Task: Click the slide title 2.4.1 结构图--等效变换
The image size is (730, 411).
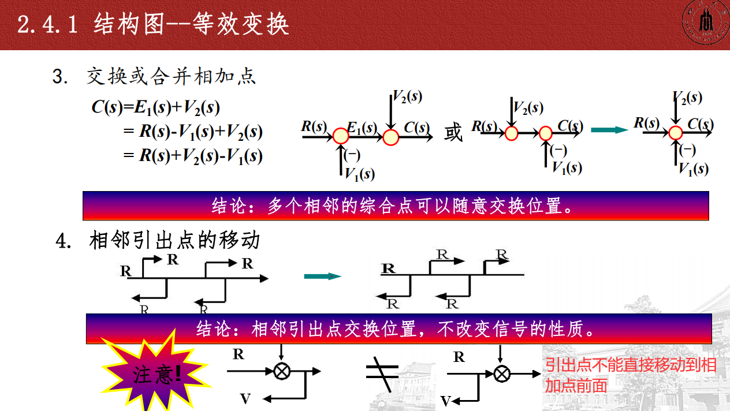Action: click(153, 25)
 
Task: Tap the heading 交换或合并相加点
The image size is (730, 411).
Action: click(171, 77)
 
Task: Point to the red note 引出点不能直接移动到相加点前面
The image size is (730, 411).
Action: click(630, 375)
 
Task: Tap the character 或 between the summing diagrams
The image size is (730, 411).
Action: click(453, 132)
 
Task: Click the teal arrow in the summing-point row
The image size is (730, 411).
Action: click(609, 129)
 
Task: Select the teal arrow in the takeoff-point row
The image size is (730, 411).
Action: click(322, 276)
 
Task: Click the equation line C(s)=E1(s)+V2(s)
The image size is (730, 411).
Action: click(156, 107)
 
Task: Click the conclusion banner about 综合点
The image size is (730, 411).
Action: click(396, 206)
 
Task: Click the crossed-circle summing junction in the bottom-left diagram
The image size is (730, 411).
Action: click(281, 371)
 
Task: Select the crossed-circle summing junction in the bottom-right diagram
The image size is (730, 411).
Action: click(501, 373)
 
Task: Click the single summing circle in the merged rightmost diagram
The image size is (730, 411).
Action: click(676, 132)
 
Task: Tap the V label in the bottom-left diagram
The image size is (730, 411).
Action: click(245, 398)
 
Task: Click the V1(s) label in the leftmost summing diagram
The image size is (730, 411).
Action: click(359, 173)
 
